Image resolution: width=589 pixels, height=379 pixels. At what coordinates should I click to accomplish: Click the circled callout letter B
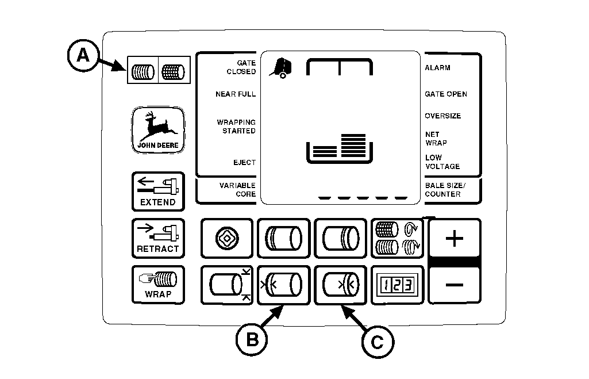click(x=252, y=339)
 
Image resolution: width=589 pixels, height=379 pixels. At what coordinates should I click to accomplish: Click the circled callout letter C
click(x=377, y=342)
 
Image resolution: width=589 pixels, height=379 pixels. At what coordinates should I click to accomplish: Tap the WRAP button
click(x=157, y=285)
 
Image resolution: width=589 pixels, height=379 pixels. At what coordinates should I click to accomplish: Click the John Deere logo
click(x=157, y=131)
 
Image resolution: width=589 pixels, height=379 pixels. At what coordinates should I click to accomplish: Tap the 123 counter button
click(x=397, y=285)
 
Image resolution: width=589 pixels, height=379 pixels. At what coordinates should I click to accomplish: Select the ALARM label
click(x=437, y=68)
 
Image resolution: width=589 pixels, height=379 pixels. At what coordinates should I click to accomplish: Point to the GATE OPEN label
click(x=445, y=94)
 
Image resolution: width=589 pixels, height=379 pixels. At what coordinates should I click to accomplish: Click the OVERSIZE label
click(x=442, y=116)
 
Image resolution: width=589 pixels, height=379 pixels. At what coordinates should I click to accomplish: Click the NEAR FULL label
click(x=236, y=94)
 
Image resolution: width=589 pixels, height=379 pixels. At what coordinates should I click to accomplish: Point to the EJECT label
click(x=244, y=163)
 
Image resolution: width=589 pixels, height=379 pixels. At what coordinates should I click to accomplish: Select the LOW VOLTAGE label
click(x=442, y=162)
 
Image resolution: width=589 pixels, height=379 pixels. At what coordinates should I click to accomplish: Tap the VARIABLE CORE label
click(x=237, y=190)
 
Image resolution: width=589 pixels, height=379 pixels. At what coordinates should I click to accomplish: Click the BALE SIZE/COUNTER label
click(x=446, y=190)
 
